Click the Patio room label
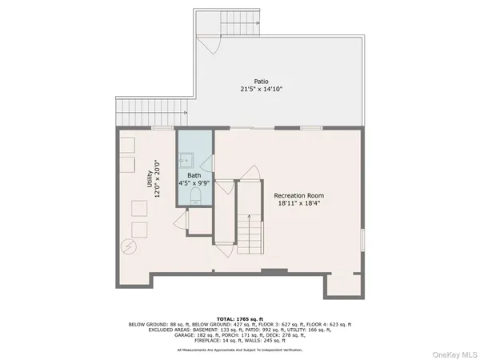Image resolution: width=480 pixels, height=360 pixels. point(262,81)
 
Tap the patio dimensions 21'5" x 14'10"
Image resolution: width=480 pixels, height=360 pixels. point(262,89)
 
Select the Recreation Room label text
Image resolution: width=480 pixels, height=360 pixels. point(298,195)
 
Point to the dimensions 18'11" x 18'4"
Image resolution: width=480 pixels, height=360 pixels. point(298,203)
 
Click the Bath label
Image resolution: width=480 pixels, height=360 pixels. point(194,175)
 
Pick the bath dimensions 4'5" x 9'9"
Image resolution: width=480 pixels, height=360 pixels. point(194,183)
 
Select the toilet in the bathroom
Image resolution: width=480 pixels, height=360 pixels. point(195,215)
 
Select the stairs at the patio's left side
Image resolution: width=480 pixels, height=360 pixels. point(130,108)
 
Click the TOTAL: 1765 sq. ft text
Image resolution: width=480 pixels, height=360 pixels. point(240,318)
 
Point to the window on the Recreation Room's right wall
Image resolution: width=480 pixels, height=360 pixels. point(362,239)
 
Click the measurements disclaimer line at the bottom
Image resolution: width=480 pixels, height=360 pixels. point(240,350)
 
